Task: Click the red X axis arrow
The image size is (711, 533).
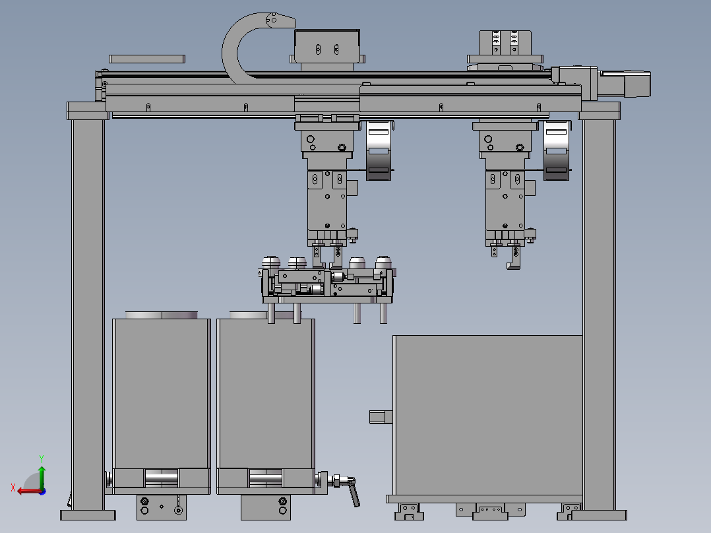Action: [30, 491]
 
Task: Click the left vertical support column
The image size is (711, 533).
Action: [88, 313]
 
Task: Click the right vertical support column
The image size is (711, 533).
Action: [599, 313]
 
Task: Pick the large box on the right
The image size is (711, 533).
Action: [487, 415]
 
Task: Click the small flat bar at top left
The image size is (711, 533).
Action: [147, 59]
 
